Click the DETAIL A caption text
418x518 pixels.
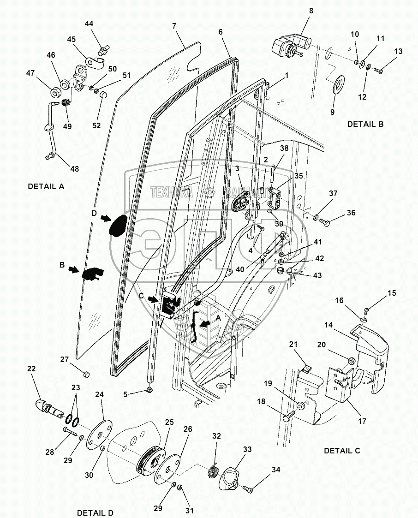(x=46, y=186)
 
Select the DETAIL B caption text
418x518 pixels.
(x=365, y=124)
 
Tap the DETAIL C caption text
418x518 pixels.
(x=342, y=451)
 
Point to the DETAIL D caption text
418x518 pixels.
(x=95, y=513)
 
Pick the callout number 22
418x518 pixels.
(x=31, y=369)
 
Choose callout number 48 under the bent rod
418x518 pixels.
(x=74, y=169)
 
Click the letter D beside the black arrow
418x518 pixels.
(x=94, y=214)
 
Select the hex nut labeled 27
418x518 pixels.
(x=86, y=374)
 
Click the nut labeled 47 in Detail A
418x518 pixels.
(x=55, y=92)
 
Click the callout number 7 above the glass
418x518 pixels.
(x=174, y=26)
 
